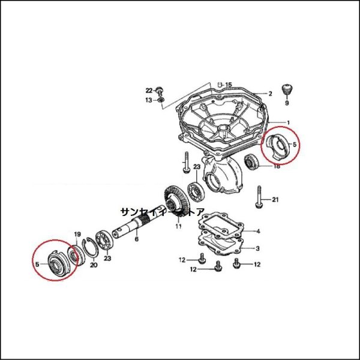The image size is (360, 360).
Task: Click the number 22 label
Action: click(x=149, y=91)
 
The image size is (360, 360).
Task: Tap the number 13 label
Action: click(x=149, y=100)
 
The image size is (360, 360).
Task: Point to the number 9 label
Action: click(x=287, y=103)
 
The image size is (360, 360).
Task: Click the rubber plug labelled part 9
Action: click(x=289, y=90)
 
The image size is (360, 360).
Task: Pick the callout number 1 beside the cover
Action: click(x=288, y=123)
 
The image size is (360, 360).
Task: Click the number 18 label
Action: click(x=277, y=166)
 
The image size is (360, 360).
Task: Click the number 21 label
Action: click(x=275, y=199)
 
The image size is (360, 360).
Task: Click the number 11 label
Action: click(x=178, y=227)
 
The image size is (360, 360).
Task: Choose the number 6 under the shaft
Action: click(x=136, y=239)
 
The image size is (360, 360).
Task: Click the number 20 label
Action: click(x=94, y=265)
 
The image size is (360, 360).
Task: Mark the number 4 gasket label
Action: click(x=258, y=231)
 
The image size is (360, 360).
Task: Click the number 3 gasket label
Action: click(x=258, y=248)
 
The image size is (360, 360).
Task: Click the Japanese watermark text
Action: click(x=163, y=212)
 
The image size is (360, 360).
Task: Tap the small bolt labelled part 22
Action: click(x=160, y=89)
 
